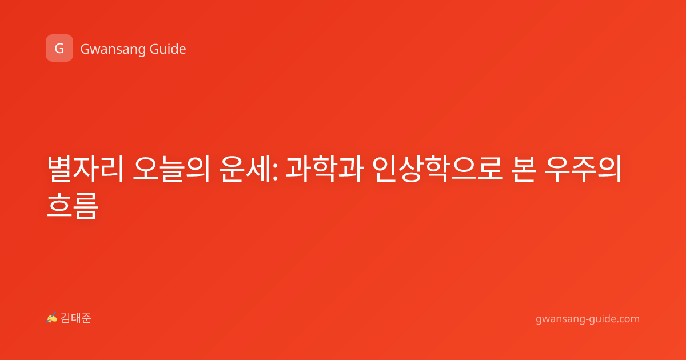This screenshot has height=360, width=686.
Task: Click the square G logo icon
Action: (x=59, y=48)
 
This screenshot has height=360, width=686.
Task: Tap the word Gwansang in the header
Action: (x=113, y=49)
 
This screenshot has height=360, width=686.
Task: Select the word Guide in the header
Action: (x=168, y=49)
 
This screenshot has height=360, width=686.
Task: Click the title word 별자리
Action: (x=85, y=169)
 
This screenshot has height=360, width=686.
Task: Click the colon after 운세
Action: (x=275, y=173)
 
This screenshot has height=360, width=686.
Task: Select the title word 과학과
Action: (x=325, y=169)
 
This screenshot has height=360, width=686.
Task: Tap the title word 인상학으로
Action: (x=438, y=169)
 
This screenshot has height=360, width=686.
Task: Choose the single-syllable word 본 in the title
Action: (x=524, y=169)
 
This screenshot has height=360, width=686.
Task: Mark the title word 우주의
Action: (x=583, y=169)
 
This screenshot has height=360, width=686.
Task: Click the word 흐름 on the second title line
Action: (x=73, y=205)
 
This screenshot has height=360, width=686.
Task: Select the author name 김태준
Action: (x=76, y=318)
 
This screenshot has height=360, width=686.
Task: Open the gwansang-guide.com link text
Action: (x=588, y=319)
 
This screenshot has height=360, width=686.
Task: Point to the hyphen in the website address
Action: (x=587, y=319)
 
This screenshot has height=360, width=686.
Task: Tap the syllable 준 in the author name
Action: (x=86, y=318)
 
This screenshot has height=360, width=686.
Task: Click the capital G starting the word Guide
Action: (x=154, y=49)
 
